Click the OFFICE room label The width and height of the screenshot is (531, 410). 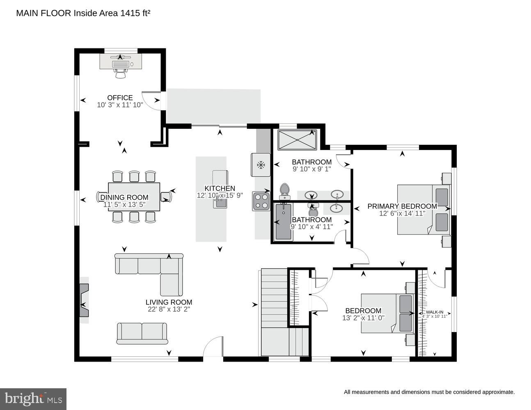point(120,98)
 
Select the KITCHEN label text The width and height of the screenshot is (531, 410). point(220,188)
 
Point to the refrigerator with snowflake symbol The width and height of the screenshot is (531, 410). point(260,165)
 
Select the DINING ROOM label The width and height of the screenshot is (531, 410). point(124,198)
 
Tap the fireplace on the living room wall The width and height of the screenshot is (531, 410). point(84,300)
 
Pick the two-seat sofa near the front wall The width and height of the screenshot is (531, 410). point(142,333)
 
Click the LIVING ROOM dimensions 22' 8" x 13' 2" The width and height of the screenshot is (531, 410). point(169,310)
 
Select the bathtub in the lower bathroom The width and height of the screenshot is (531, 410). point(283,222)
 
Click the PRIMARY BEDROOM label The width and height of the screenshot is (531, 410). point(402,206)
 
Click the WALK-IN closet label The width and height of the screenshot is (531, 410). point(434,312)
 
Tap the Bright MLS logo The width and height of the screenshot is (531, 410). point(33,399)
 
